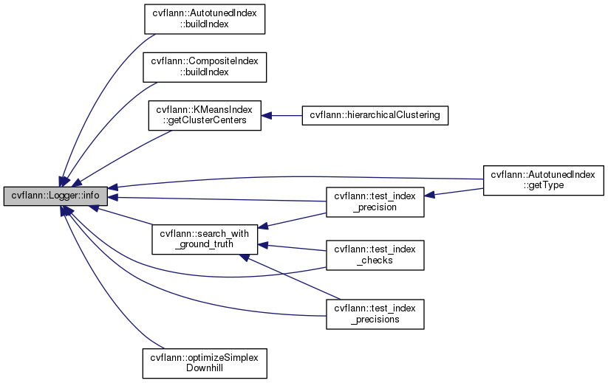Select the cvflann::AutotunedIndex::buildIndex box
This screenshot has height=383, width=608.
click(x=204, y=18)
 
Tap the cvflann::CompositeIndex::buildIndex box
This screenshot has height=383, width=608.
click(x=204, y=66)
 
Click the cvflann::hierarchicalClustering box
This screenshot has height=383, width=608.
click(x=375, y=116)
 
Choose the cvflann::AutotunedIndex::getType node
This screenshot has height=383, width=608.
click(x=543, y=179)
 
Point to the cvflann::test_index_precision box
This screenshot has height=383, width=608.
click(x=375, y=202)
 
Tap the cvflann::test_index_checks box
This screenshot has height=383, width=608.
click(x=375, y=255)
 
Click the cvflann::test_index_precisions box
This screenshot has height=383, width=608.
click(x=375, y=314)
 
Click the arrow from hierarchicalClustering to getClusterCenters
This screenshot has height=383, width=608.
click(x=281, y=116)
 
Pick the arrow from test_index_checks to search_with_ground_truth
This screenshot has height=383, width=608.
click(x=292, y=247)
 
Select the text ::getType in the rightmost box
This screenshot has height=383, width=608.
click(x=543, y=185)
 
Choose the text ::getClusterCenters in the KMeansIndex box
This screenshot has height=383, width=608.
click(x=204, y=121)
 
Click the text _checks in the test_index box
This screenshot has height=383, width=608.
click(x=375, y=261)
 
